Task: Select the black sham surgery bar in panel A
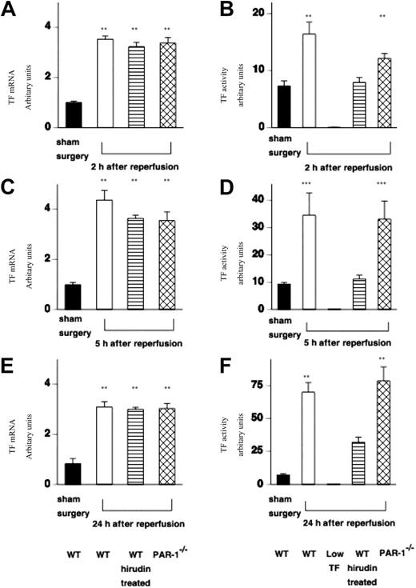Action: click(74, 114)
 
